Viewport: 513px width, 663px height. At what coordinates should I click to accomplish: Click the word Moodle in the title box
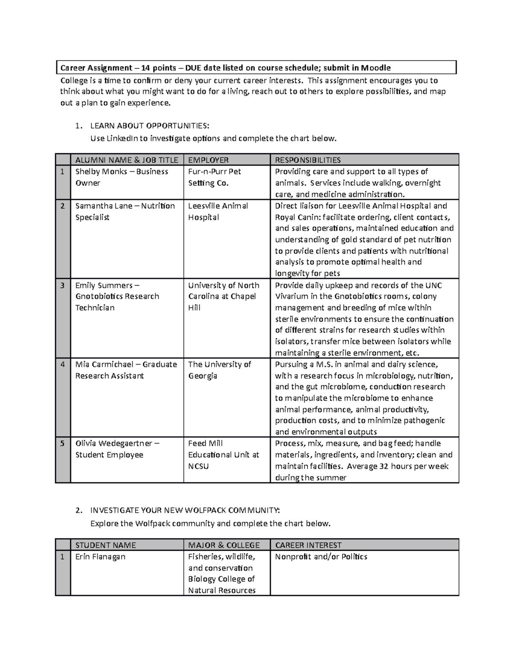376,68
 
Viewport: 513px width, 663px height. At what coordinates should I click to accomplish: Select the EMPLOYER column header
208,160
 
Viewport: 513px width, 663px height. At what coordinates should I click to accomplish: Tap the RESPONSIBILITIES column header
308,160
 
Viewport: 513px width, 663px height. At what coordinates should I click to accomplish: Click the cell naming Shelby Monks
121,177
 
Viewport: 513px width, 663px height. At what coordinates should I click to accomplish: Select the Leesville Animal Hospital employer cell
218,211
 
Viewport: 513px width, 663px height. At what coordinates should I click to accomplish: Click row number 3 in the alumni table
62,285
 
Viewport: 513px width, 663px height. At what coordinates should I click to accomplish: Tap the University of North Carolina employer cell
223,296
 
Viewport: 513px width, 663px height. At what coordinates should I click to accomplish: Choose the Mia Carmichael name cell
126,370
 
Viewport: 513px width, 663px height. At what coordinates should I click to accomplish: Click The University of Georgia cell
219,370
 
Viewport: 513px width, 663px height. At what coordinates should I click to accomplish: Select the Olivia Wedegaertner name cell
117,449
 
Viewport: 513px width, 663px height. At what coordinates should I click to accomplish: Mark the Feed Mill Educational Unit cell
223,455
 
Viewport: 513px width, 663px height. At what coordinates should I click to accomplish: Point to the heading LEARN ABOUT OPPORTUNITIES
150,126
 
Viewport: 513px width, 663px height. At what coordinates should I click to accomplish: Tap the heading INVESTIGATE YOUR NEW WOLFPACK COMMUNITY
185,510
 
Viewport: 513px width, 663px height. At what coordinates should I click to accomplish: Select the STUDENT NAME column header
106,545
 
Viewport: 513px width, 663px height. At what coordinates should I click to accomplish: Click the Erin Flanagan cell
100,557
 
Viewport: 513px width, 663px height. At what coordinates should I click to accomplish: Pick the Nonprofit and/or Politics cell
321,557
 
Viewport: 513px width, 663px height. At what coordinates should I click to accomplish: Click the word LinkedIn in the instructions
121,138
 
